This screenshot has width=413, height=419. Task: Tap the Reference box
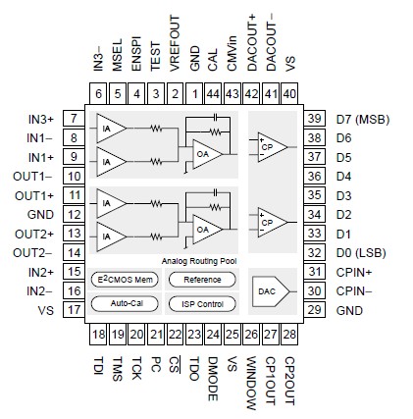pyautogui.click(x=202, y=280)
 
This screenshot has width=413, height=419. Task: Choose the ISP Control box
pyautogui.click(x=202, y=302)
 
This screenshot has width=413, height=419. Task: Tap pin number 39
pyautogui.click(x=314, y=118)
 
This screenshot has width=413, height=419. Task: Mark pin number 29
pyautogui.click(x=314, y=310)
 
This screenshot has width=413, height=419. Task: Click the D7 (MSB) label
pyautogui.click(x=358, y=118)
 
